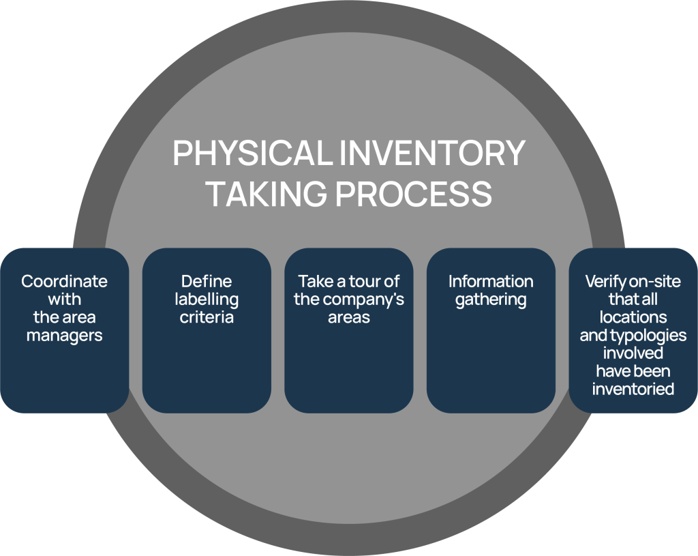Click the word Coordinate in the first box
pyautogui.click(x=64, y=281)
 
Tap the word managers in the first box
pyautogui.click(x=64, y=335)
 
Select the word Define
pyautogui.click(x=206, y=281)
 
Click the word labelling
pyautogui.click(x=206, y=299)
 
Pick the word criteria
pyautogui.click(x=206, y=317)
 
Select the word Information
pyautogui.click(x=491, y=281)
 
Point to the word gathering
pyautogui.click(x=491, y=299)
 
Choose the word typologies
pyautogui.click(x=647, y=336)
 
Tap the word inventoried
pyautogui.click(x=633, y=390)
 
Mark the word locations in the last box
pyautogui.click(x=633, y=317)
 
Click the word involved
pyautogui.click(x=633, y=353)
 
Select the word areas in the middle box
pyautogui.click(x=348, y=317)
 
